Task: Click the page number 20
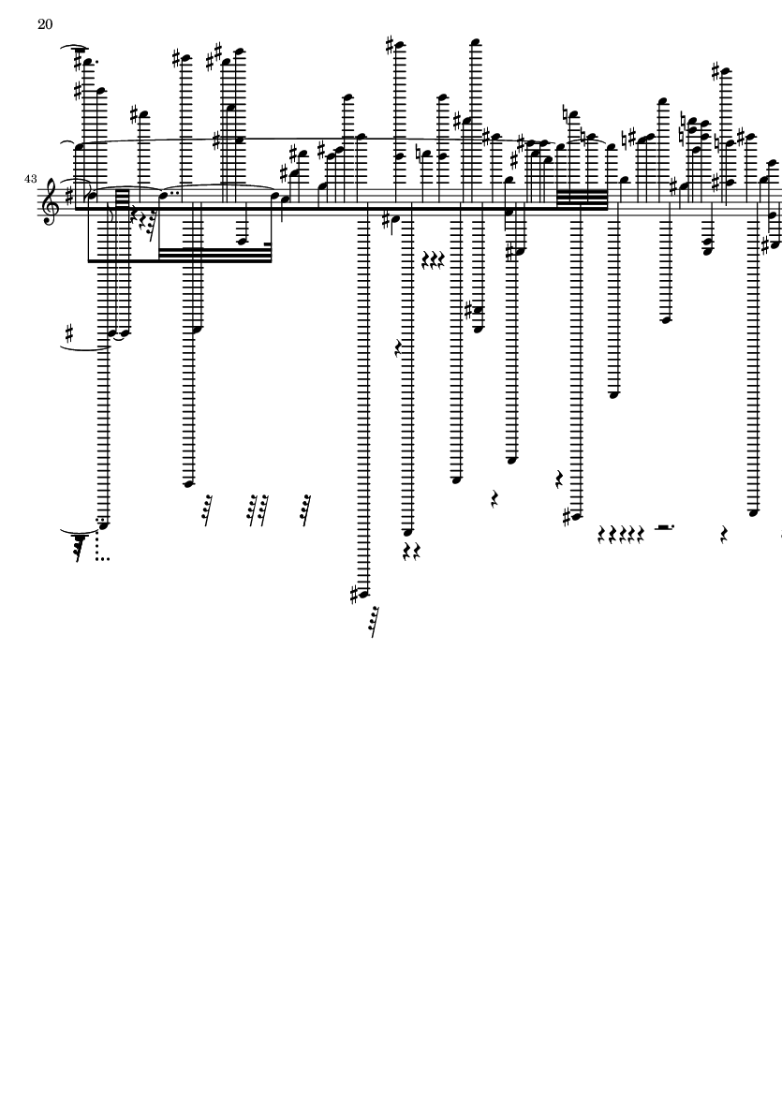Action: coord(44,24)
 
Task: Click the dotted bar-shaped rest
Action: coord(664,527)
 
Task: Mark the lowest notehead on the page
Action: coord(363,594)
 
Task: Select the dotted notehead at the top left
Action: coord(90,64)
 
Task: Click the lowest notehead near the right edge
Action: coord(753,513)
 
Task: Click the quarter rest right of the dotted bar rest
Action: coord(723,535)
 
